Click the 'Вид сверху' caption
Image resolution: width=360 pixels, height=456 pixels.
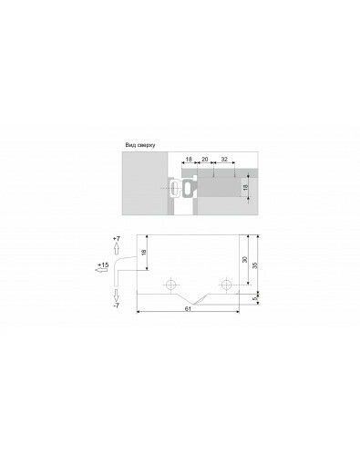[x=140, y=145]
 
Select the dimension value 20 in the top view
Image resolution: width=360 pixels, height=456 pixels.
[x=205, y=160]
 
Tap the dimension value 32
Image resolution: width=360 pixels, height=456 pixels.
[x=224, y=160]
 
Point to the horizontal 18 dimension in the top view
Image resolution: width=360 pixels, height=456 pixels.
[x=189, y=160]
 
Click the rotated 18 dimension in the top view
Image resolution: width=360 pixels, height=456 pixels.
[x=246, y=187]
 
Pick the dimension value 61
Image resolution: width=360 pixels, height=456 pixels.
[x=188, y=308]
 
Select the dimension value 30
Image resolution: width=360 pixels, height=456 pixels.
[x=245, y=259]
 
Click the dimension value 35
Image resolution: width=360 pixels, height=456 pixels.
[x=255, y=265]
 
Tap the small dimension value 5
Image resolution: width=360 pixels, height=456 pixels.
[x=255, y=298]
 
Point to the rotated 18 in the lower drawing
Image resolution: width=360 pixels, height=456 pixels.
[x=144, y=252]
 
